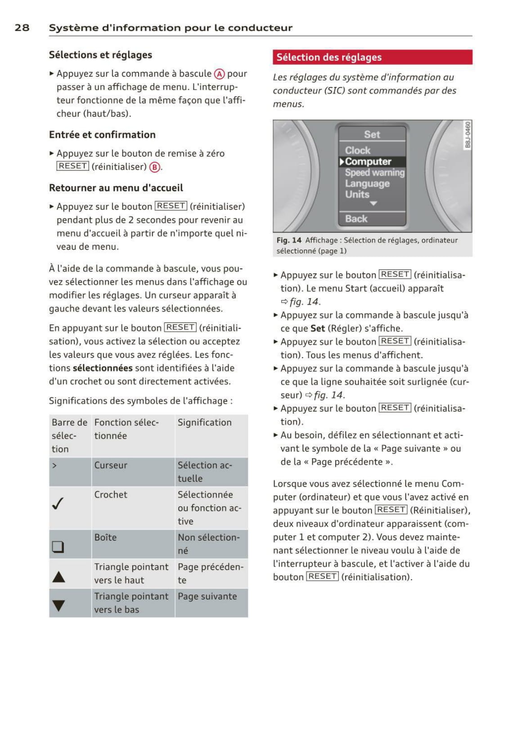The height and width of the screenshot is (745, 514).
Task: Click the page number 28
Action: click(22, 27)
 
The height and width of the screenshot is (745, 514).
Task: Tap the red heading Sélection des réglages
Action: click(329, 57)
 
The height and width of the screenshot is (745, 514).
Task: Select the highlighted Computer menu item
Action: click(368, 162)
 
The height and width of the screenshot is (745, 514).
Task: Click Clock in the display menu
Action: click(358, 150)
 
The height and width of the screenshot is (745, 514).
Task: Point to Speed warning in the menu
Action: click(374, 173)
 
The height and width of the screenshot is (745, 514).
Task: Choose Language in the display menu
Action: click(367, 184)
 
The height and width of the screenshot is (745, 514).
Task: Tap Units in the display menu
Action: click(357, 195)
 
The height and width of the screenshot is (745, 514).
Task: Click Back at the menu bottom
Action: click(356, 219)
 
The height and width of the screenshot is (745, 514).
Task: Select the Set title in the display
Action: click(372, 135)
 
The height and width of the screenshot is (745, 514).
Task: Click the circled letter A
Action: click(219, 74)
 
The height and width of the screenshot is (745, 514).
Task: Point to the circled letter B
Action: click(155, 167)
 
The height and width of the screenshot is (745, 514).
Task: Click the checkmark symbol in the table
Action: click(58, 503)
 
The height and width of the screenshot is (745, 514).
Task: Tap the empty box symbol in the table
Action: click(58, 546)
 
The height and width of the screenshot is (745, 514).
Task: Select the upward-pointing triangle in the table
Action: click(59, 577)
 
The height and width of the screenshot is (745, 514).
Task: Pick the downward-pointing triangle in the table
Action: click(59, 605)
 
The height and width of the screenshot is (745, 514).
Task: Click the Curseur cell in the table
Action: click(111, 465)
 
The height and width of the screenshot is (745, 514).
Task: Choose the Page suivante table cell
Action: click(207, 596)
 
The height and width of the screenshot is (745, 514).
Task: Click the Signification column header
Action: click(204, 422)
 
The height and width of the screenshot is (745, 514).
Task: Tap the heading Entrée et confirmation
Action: click(102, 135)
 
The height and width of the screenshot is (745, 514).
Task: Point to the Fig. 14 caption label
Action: click(289, 241)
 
